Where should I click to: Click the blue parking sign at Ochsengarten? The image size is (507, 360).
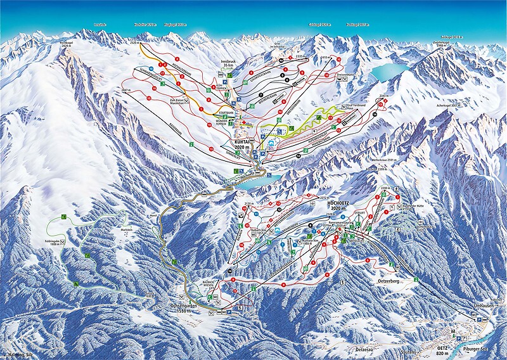[x=229, y=312]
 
